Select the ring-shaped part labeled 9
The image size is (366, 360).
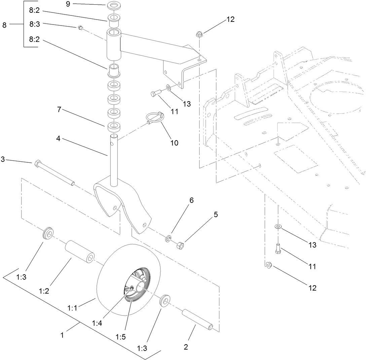point(114,6)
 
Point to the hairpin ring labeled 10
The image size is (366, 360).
point(154,118)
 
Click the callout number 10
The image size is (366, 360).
point(174,143)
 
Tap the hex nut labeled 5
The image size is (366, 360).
point(180,246)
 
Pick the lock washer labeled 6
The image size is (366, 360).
point(168,240)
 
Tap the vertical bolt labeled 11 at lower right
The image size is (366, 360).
point(278,248)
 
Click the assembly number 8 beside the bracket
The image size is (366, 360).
point(4,25)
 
